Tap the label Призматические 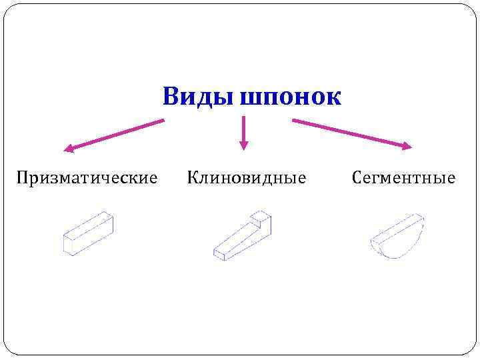pos(87,178)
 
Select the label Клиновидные pos(247,178)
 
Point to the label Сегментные pos(404,178)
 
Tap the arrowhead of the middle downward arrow pos(243,144)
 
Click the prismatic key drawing pos(88,233)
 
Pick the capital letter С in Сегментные pos(356,178)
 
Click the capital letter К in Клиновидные pos(192,178)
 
